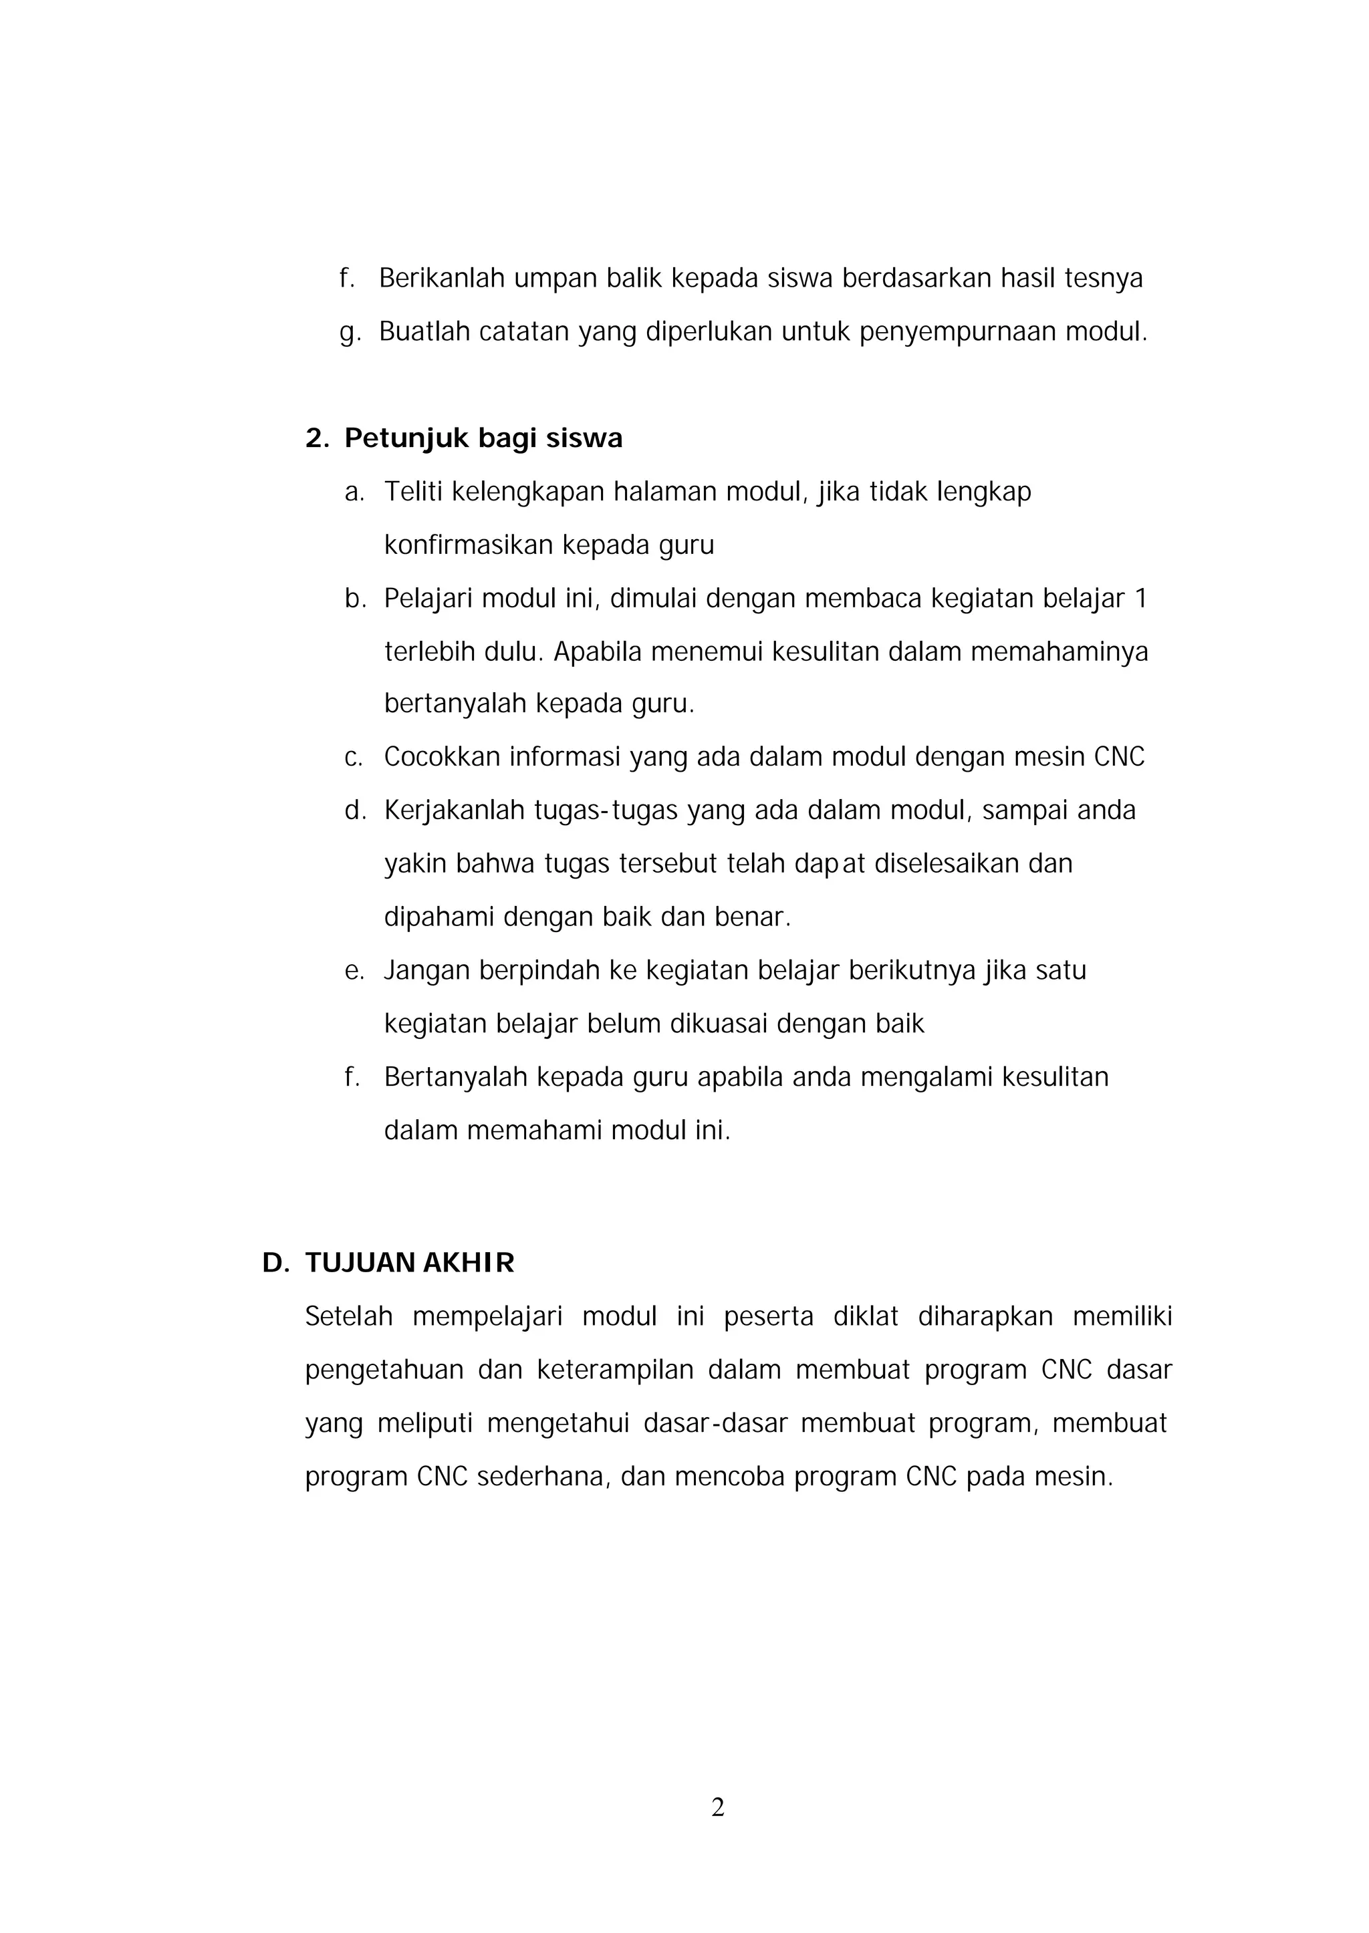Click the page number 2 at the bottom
point(717,1807)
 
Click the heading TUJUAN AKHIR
point(410,1263)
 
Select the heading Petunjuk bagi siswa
point(483,438)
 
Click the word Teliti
point(413,491)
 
